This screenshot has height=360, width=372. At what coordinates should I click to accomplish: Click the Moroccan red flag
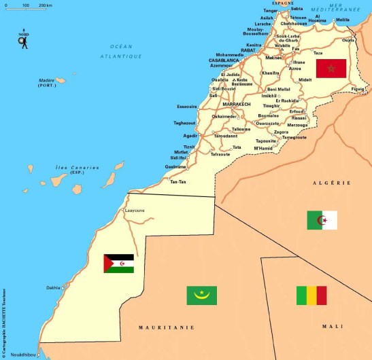(331, 69)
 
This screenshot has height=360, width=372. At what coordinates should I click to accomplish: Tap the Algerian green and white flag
(322, 220)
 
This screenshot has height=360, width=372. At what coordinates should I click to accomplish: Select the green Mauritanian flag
(201, 295)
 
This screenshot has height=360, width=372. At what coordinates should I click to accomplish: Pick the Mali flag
(311, 295)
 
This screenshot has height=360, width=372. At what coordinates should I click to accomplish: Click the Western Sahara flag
(118, 264)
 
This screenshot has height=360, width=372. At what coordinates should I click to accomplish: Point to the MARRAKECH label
(237, 104)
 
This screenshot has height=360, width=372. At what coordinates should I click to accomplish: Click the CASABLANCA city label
(223, 60)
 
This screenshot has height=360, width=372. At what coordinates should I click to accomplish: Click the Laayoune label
(135, 211)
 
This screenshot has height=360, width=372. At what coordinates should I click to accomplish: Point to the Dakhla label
(53, 287)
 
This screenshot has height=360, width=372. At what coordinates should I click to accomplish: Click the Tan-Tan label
(178, 182)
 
